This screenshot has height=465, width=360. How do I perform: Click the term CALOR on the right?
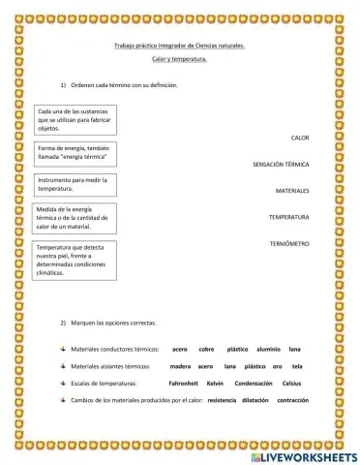[x=300, y=139]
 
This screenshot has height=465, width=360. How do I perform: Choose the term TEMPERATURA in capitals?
[x=288, y=217]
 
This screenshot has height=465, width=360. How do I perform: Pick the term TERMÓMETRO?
[x=289, y=243]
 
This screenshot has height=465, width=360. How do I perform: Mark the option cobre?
[x=206, y=349]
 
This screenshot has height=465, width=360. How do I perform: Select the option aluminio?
[x=270, y=349]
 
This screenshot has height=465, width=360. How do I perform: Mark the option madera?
[x=180, y=366]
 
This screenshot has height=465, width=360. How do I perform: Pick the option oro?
[x=277, y=366]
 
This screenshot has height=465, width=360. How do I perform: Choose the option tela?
[x=297, y=366]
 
